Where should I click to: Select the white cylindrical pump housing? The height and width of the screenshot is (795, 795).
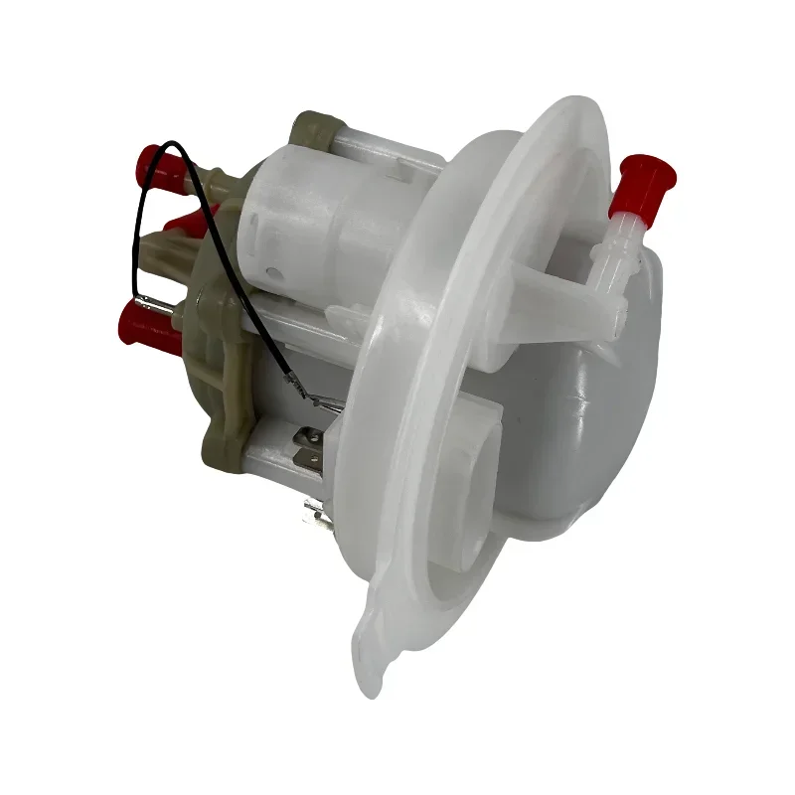(298, 214)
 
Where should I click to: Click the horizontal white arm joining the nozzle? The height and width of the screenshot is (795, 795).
(556, 288)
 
